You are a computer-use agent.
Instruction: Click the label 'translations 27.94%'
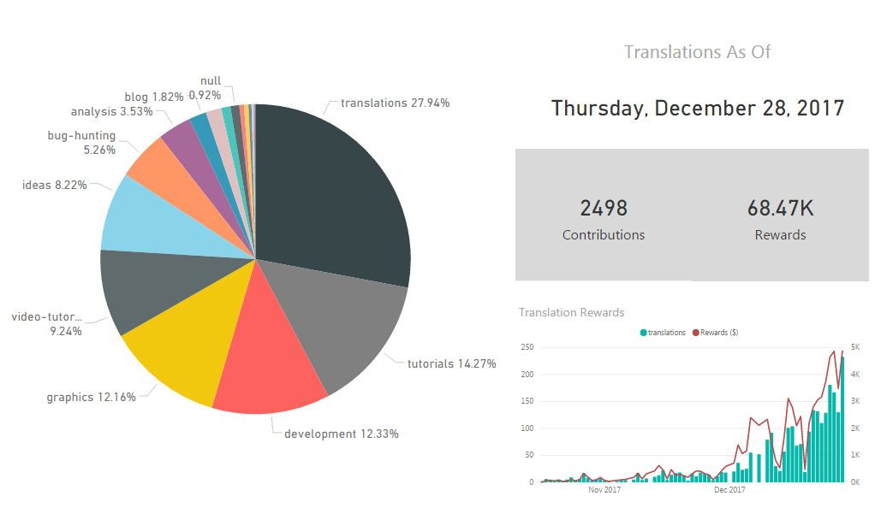click(x=395, y=103)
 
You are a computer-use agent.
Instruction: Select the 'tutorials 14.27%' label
click(x=451, y=363)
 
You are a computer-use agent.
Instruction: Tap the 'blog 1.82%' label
click(x=153, y=96)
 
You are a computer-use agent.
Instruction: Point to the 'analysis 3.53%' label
click(x=111, y=111)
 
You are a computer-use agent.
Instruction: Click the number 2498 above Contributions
click(x=604, y=208)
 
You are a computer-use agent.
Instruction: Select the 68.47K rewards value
click(x=780, y=208)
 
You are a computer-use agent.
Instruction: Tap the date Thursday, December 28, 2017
click(x=697, y=109)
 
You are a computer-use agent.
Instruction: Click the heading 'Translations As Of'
click(x=697, y=51)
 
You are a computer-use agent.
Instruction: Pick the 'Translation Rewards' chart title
click(x=571, y=312)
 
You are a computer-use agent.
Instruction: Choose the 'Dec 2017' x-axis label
click(x=729, y=490)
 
